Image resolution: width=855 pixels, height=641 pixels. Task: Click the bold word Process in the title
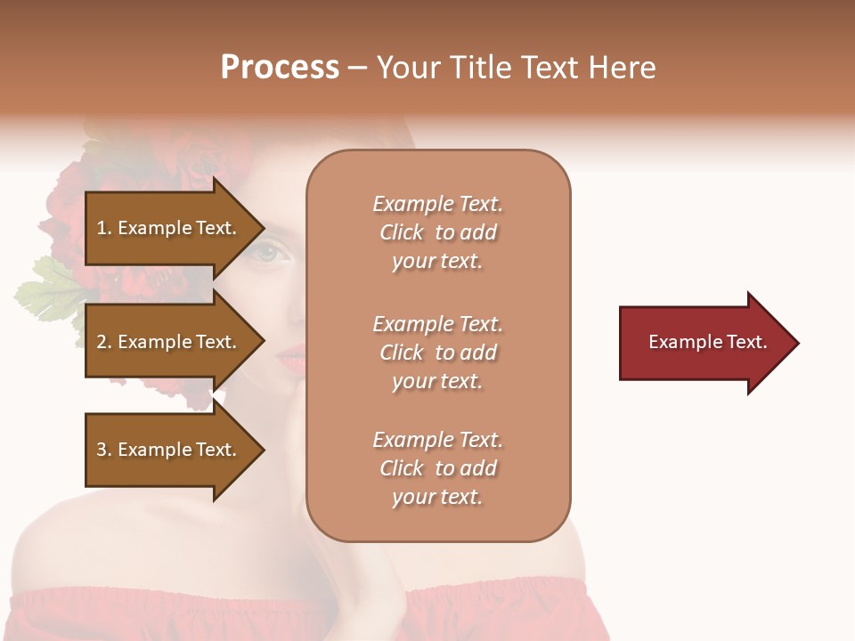coord(280,68)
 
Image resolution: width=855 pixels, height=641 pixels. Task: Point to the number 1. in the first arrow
coord(104,228)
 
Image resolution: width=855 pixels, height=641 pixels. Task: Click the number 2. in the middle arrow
coord(104,342)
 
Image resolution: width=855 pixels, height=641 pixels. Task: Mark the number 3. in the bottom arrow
coord(104,450)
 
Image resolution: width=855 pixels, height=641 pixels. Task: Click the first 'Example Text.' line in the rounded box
coord(437,204)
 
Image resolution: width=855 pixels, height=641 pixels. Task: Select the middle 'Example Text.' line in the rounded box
coord(437,324)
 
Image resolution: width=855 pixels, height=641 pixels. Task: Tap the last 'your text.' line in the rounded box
coord(437,497)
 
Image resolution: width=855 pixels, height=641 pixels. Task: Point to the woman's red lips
coord(291,358)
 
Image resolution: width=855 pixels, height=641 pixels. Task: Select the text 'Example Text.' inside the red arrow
coord(708,342)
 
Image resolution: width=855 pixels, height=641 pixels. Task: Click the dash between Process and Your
coord(358,69)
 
